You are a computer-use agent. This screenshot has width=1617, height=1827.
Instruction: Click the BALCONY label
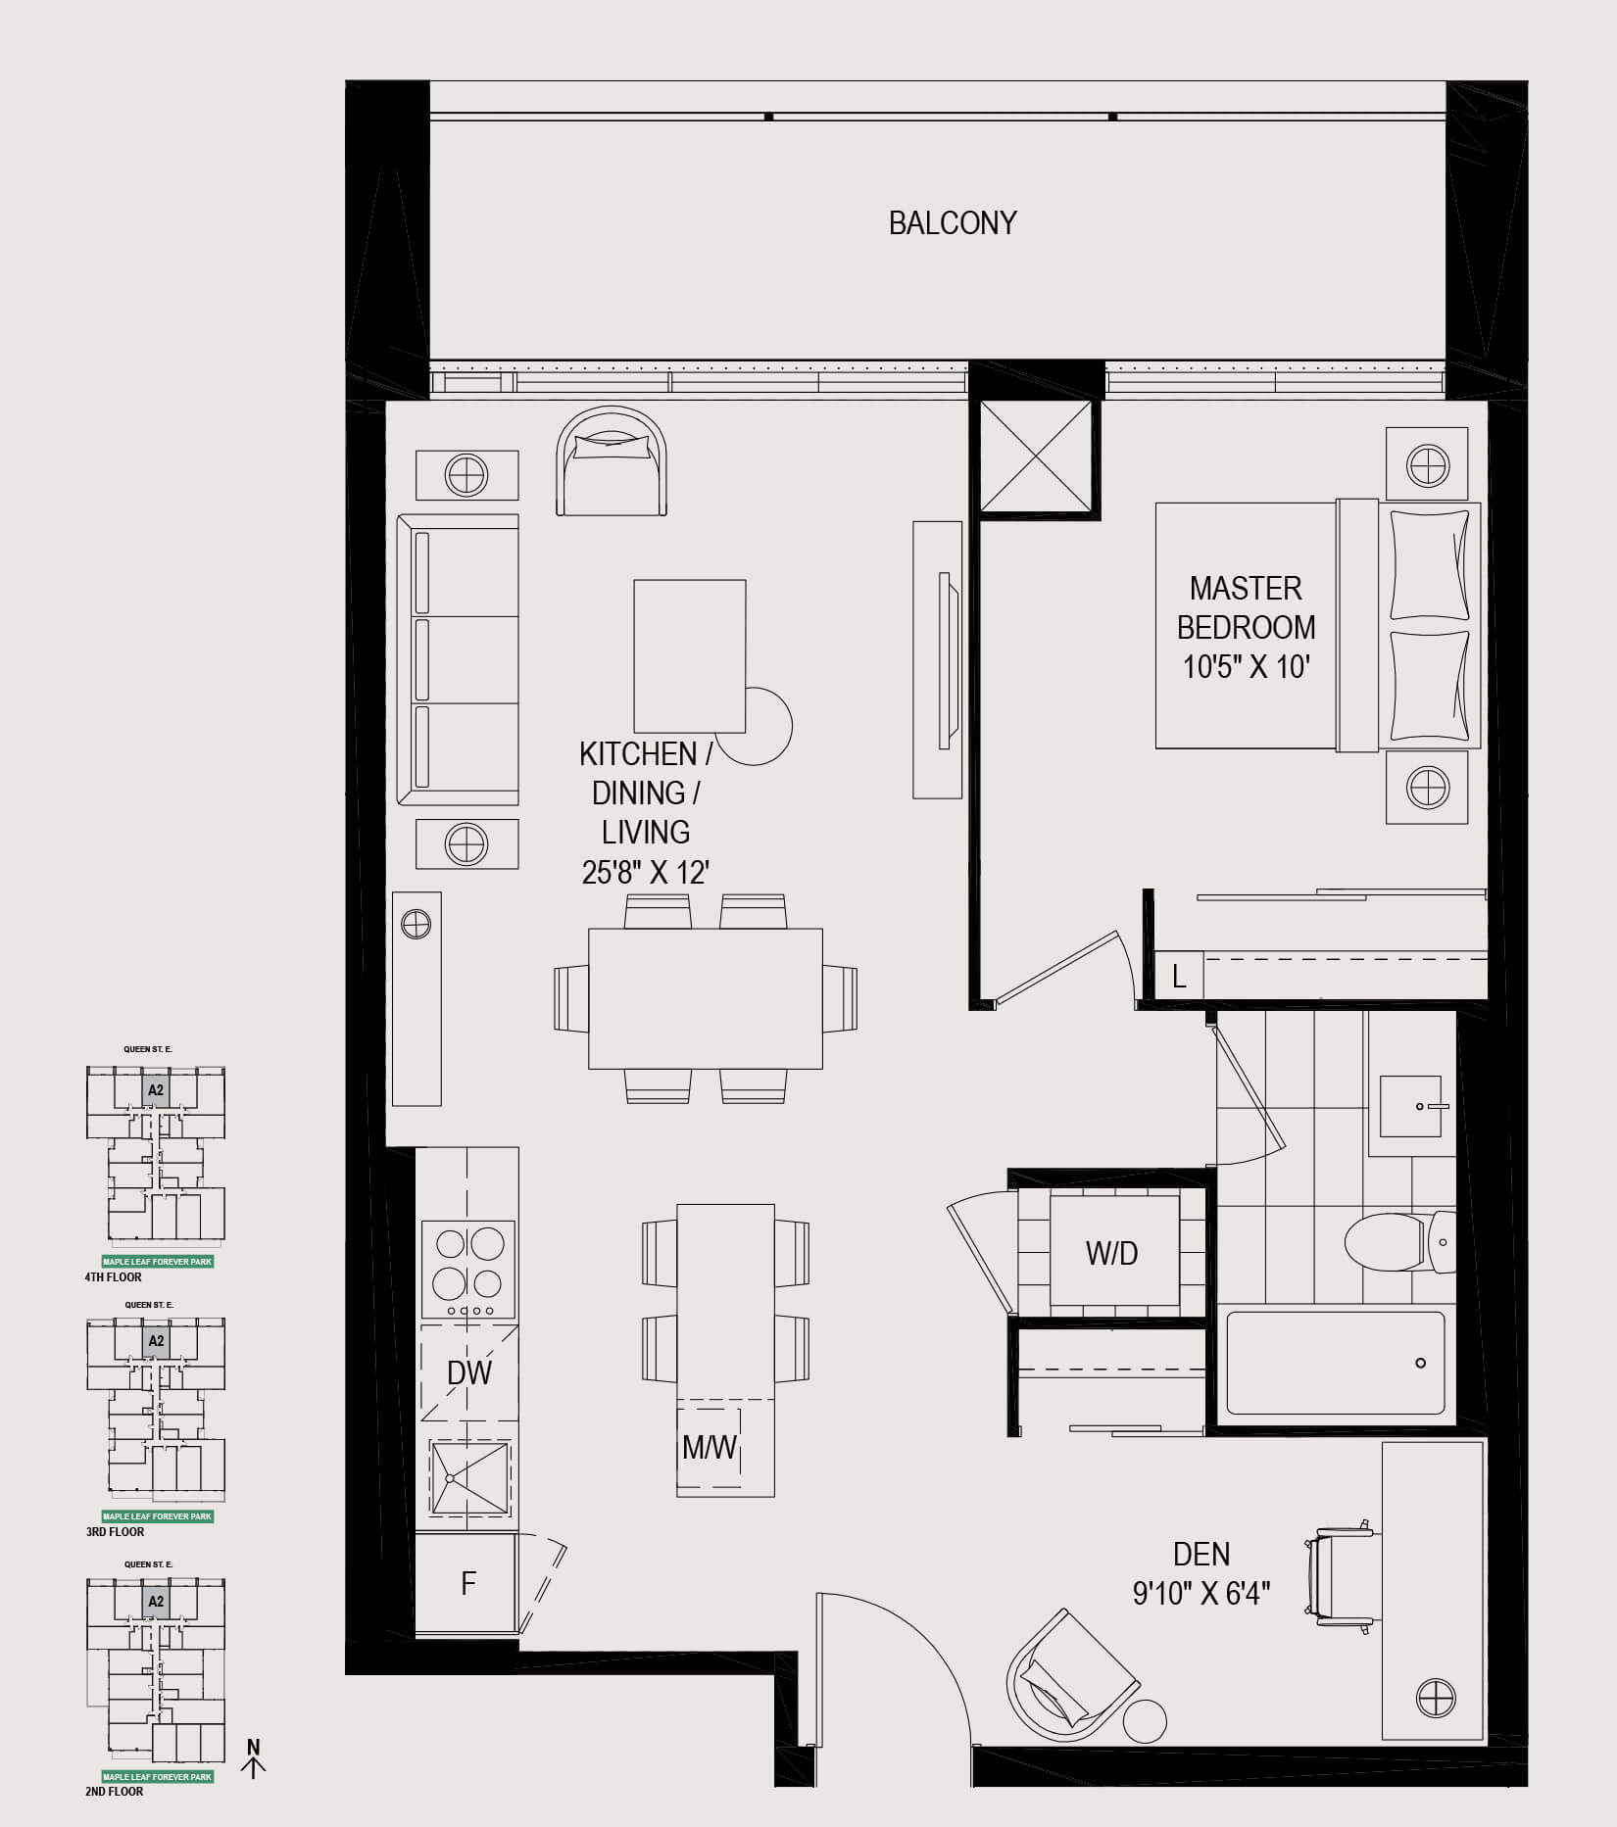[x=953, y=223]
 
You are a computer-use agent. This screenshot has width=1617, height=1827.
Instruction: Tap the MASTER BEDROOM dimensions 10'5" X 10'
[x=1247, y=667]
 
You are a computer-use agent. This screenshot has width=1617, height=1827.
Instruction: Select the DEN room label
[x=1201, y=1554]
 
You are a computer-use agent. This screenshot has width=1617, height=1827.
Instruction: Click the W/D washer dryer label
[x=1112, y=1253]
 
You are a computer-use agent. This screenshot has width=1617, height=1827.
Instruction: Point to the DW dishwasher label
[x=469, y=1373]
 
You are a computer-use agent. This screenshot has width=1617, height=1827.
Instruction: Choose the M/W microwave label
[x=710, y=1447]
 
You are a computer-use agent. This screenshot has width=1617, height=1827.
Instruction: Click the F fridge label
[x=468, y=1583]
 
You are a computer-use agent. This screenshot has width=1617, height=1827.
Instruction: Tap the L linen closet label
[x=1180, y=976]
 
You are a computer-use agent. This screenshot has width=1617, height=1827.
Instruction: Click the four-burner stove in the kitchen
[x=468, y=1270]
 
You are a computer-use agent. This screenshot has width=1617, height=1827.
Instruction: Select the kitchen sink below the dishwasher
[x=468, y=1479]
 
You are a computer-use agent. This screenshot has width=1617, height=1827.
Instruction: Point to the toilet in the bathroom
[x=1400, y=1242]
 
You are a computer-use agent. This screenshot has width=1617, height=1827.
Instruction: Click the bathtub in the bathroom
[x=1335, y=1363]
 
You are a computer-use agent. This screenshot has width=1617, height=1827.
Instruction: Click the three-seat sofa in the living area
[x=458, y=660]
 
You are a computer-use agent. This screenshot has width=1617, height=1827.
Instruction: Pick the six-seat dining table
[x=706, y=998]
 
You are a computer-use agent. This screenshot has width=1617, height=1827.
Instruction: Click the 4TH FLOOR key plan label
[x=114, y=1277]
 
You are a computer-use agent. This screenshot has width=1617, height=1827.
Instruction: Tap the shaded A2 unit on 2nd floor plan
[x=155, y=1603]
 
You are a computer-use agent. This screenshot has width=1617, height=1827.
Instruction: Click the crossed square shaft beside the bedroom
[x=1036, y=457]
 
